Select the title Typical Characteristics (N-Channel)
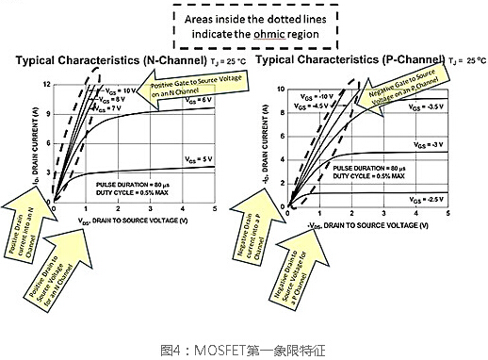coord(126,61)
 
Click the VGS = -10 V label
coord(312,97)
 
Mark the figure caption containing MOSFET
coord(244,347)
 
